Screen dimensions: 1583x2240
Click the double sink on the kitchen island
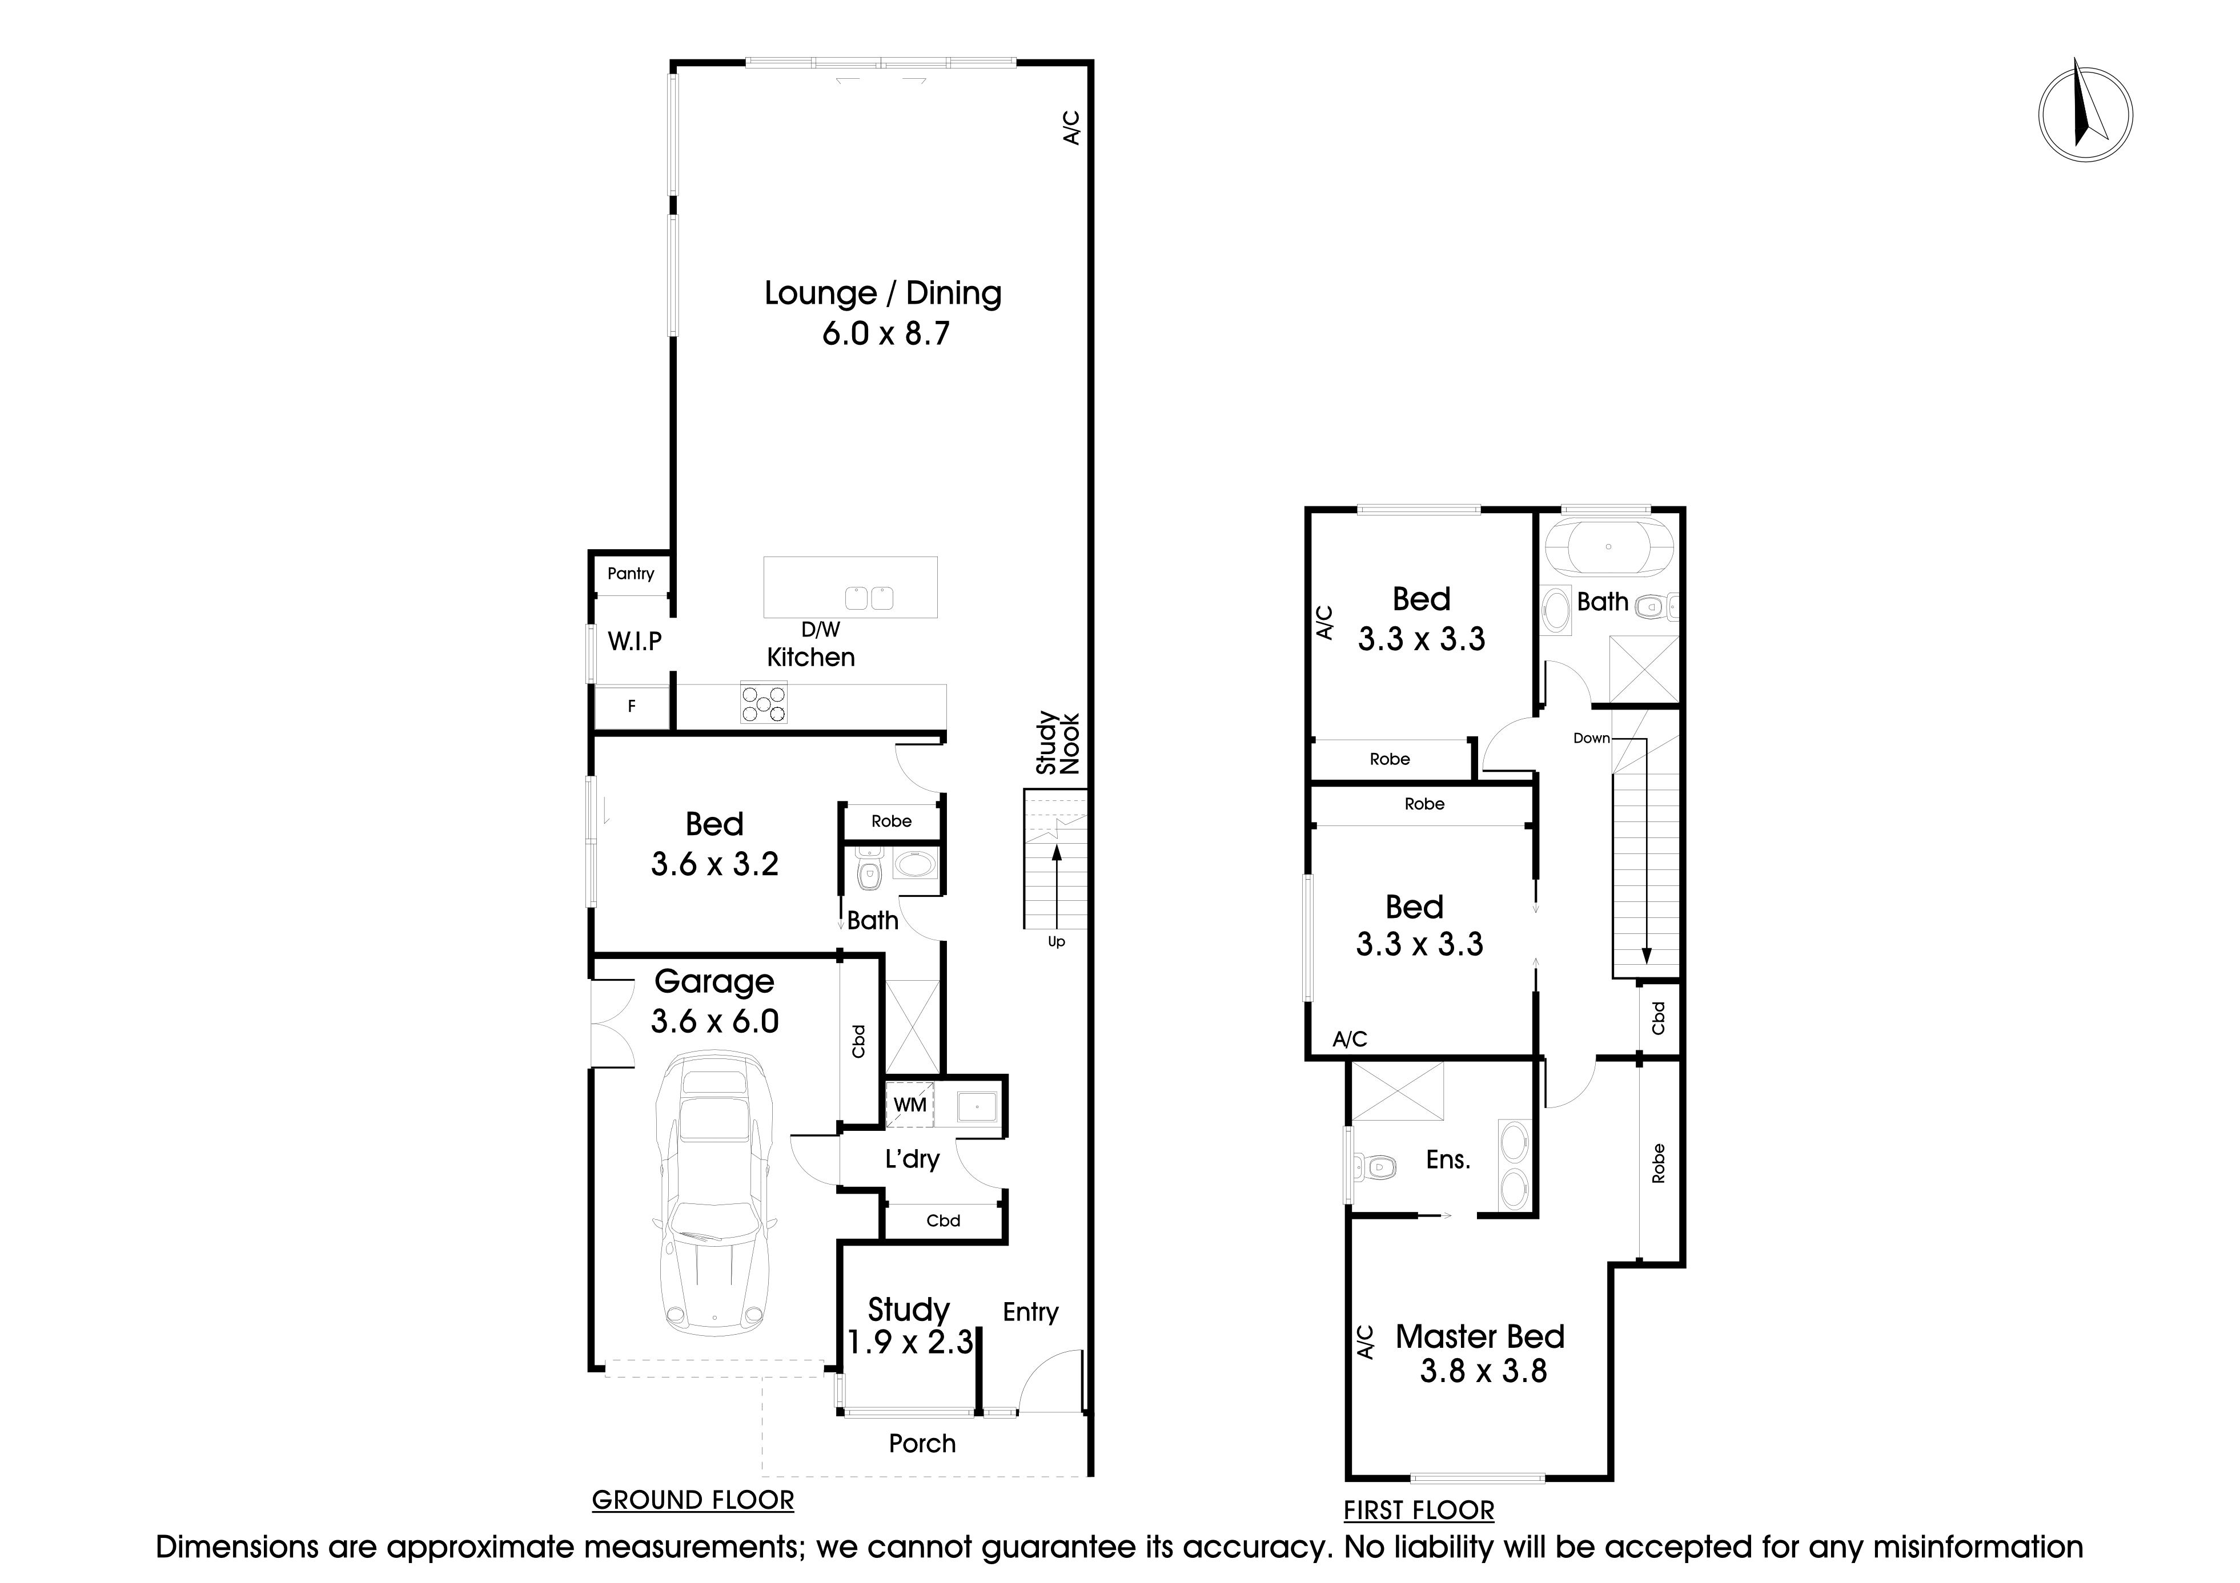click(868, 597)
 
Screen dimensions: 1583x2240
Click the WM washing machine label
click(909, 1105)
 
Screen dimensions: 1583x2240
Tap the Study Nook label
click(1058, 743)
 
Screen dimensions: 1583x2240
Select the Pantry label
click(630, 574)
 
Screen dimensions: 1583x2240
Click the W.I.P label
click(634, 641)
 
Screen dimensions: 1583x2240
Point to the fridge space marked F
click(631, 706)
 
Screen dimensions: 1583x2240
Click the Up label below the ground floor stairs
click(1055, 942)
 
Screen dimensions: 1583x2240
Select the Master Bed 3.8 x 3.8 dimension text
click(1483, 1371)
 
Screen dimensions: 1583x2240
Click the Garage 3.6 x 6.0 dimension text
click(714, 1021)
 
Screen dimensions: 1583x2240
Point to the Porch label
click(922, 1444)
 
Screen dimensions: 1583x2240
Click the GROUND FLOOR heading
click(693, 1500)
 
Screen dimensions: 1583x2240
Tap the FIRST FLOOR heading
click(1419, 1511)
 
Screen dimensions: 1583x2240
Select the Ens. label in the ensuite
click(1448, 1159)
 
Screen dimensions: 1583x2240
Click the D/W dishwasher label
click(821, 630)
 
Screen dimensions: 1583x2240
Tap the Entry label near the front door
click(1030, 1312)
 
